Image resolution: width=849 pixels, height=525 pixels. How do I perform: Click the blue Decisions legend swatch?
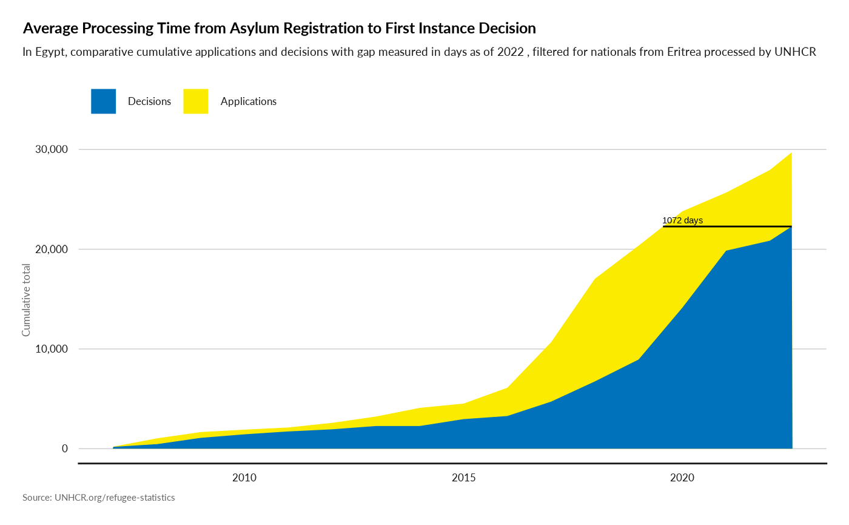pyautogui.click(x=103, y=101)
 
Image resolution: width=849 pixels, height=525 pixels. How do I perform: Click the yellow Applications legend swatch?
pyautogui.click(x=195, y=101)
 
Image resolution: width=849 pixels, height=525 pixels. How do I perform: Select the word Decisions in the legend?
pyautogui.click(x=149, y=101)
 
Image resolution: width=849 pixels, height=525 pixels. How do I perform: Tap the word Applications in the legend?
pyautogui.click(x=249, y=101)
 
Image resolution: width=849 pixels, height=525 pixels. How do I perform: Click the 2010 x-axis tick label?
pyautogui.click(x=244, y=478)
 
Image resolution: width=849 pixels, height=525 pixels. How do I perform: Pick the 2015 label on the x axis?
pyautogui.click(x=464, y=478)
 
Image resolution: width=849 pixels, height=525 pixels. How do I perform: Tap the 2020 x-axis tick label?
pyautogui.click(x=683, y=478)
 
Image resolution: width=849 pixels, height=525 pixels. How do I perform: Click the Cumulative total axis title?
pyautogui.click(x=27, y=300)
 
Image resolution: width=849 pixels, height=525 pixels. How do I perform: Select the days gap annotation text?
pyautogui.click(x=684, y=221)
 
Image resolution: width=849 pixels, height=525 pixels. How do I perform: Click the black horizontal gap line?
pyautogui.click(x=728, y=226)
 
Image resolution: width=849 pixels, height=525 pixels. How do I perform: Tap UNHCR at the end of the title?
pyautogui.click(x=796, y=52)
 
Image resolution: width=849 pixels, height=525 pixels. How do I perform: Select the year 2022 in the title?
pyautogui.click(x=510, y=52)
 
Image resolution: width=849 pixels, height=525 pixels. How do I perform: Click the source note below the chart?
pyautogui.click(x=99, y=498)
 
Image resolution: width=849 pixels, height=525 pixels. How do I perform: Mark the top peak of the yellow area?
pyautogui.click(x=791, y=152)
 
